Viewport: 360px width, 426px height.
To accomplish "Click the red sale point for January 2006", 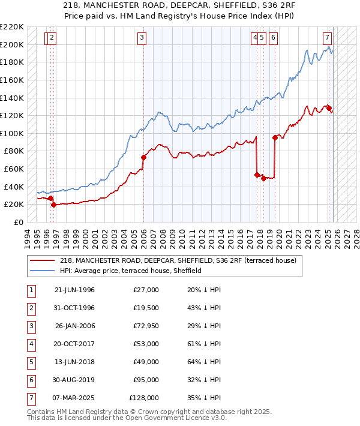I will (x=144, y=158).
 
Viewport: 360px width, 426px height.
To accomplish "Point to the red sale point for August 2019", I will (x=275, y=137).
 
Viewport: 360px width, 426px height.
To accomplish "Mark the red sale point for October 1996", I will (x=53, y=205).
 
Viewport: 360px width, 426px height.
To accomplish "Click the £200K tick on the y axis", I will (x=12, y=44).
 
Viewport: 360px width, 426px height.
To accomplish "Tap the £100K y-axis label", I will (x=12, y=133).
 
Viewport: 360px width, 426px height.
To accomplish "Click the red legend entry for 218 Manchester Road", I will (x=178, y=260).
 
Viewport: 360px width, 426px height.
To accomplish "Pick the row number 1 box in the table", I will (x=31, y=290).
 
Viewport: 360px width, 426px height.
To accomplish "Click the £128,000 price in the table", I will (x=144, y=398).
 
